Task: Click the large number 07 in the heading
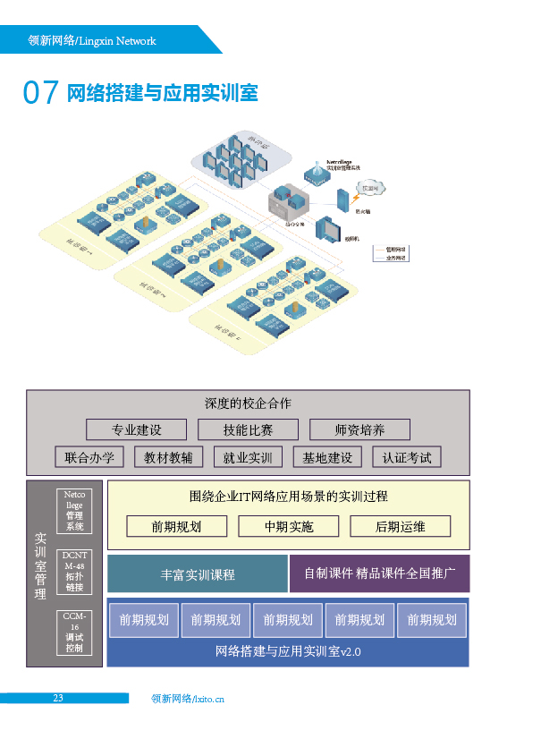40,93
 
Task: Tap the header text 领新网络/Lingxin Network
91,41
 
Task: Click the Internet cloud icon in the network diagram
368,188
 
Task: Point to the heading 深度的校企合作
248,403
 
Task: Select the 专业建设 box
136,429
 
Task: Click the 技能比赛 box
248,429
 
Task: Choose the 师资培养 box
359,429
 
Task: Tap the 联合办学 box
89,457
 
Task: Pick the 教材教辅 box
168,457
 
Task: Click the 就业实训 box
248,457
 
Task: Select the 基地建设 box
327,457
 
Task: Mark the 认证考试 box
407,457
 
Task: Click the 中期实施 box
289,526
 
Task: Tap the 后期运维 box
400,526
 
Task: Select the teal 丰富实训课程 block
198,574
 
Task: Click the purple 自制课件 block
379,573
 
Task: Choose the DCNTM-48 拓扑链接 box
74,571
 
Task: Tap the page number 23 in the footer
57,699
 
